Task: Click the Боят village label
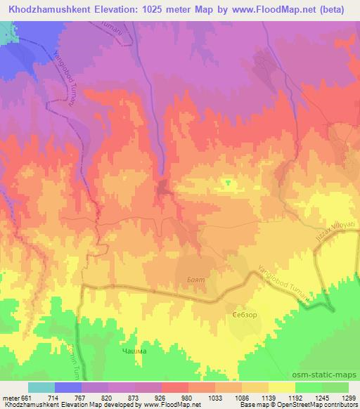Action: [195, 279]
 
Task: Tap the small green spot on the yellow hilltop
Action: [227, 183]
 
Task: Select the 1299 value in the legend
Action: [340, 398]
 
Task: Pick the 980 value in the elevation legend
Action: [167, 398]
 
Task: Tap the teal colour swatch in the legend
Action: [41, 387]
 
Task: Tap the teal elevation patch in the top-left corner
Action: [6, 32]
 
